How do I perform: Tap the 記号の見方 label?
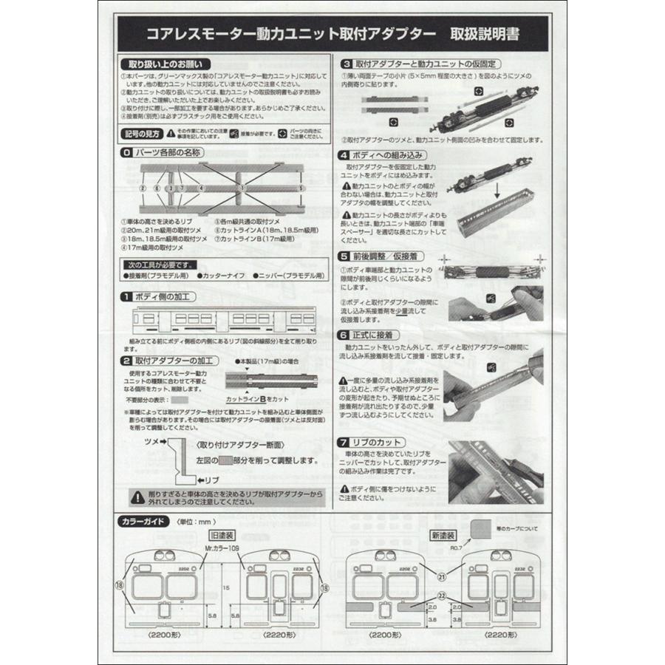[x=140, y=133]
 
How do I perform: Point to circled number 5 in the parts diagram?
[x=301, y=188]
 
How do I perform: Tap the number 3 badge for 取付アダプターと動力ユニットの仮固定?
[x=344, y=64]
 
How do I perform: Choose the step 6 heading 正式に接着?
[x=379, y=334]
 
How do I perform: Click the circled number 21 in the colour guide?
[x=442, y=577]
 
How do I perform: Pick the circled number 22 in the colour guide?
[x=442, y=596]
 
